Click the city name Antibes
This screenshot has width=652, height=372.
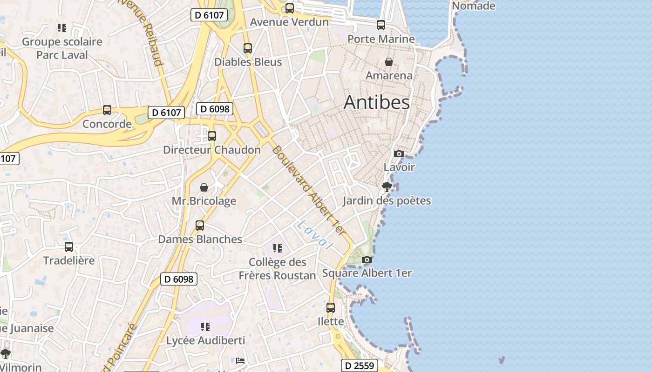point(376,103)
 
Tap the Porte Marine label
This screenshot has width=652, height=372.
point(381,39)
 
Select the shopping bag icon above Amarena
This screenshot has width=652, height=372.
point(389,62)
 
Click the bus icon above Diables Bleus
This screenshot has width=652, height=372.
point(248,48)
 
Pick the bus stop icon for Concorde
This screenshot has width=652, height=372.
point(107,110)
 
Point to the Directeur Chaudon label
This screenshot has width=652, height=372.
point(212,150)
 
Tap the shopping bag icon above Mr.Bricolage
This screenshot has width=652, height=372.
point(204,187)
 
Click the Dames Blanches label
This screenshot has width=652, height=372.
point(200,239)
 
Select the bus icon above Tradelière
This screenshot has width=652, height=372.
point(69,247)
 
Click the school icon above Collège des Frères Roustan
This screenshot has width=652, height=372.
point(278,248)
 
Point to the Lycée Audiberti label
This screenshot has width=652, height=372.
point(205,340)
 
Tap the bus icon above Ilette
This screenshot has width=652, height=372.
point(331,307)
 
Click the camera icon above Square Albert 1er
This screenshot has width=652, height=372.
point(367,259)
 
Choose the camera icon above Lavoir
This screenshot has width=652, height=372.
point(399,153)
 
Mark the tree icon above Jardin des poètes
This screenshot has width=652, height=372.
point(387,187)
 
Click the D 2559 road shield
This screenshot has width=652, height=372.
point(360,365)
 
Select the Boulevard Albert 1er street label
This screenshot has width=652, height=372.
point(310,191)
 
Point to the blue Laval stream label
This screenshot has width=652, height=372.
point(316,234)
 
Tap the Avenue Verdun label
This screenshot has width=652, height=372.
point(289,22)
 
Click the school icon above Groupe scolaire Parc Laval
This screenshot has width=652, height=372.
point(62,28)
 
